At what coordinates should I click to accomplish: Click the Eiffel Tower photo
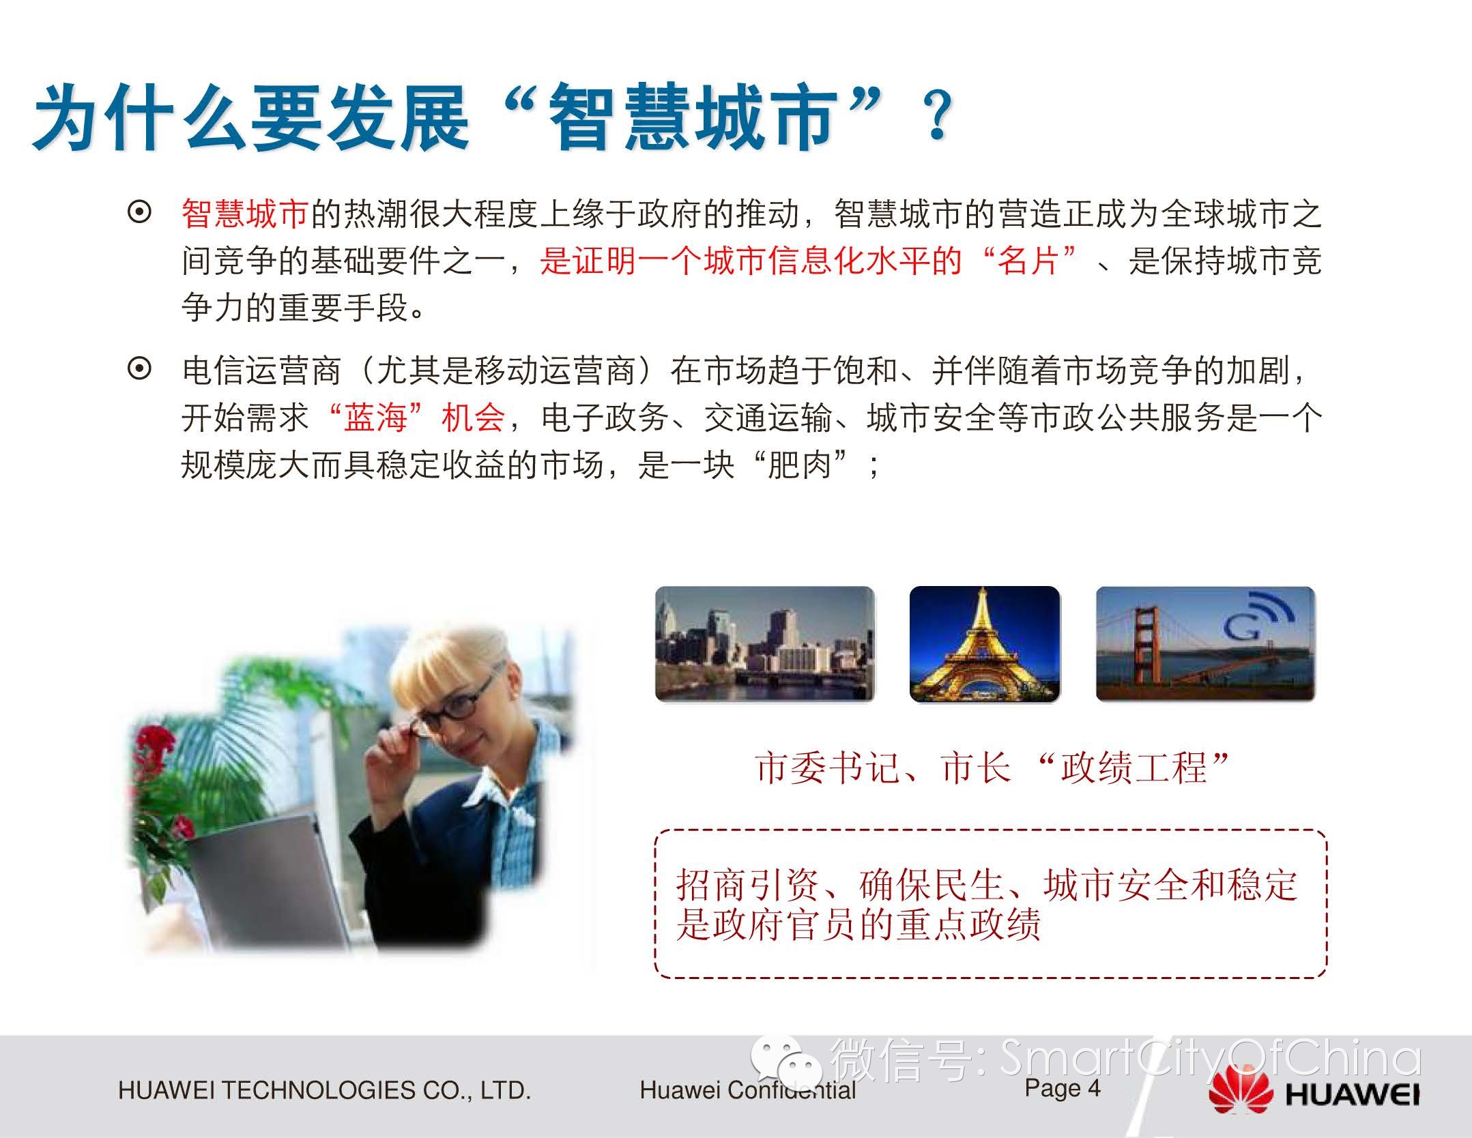pos(985,643)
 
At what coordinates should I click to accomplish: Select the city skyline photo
pos(764,643)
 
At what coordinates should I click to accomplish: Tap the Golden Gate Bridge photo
pos(1205,643)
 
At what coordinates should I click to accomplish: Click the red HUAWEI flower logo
pos(1241,1094)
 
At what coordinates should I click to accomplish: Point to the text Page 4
pos(1063,1088)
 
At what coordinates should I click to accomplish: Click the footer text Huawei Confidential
pos(747,1090)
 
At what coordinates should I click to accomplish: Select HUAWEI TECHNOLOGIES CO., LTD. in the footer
pos(324,1090)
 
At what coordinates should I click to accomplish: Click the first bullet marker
pos(139,213)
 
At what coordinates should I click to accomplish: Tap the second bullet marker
pos(139,370)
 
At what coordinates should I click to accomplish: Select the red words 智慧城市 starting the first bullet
pos(246,214)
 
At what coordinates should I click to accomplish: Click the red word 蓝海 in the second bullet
pos(375,418)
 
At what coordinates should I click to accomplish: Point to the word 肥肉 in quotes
pos(799,465)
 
